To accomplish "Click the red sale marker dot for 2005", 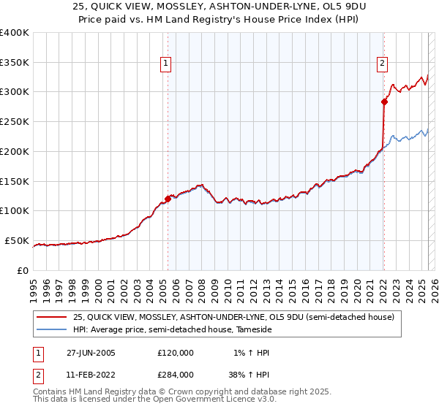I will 168,198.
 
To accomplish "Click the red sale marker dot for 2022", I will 384,102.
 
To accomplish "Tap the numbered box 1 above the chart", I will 166,64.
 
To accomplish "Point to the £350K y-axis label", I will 15,63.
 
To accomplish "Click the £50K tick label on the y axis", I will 18,240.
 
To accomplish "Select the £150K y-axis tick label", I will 15,181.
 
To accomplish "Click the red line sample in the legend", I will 51,317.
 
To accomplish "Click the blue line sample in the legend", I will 51,330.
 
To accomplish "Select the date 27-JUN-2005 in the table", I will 91,353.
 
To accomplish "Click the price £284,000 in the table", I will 176,374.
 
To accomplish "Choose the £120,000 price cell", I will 176,353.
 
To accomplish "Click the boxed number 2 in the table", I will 38,374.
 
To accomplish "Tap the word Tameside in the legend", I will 253,330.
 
